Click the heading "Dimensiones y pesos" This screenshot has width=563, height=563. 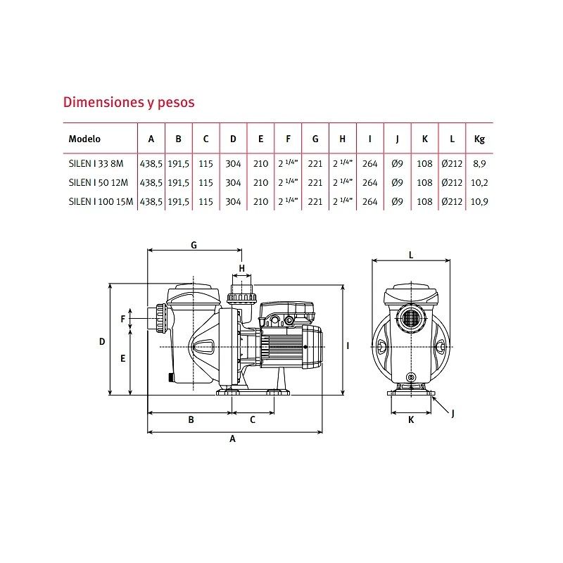point(129,102)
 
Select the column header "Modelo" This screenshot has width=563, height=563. point(84,139)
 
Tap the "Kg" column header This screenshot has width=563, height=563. point(479,139)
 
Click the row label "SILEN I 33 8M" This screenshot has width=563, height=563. point(96,164)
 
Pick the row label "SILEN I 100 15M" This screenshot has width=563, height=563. point(101,202)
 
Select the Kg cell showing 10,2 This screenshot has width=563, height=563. point(479,183)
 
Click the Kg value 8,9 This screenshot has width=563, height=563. point(479,164)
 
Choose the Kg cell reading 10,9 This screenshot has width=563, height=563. point(479,202)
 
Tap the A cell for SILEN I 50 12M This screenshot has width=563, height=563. point(151,183)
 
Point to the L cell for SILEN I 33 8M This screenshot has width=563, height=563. point(452,164)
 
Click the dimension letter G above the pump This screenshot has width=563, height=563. point(194,245)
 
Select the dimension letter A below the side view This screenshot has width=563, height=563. point(233,438)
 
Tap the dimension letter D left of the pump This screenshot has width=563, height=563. point(102,341)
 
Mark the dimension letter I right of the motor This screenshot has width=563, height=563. point(348,346)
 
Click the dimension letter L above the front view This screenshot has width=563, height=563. point(411,255)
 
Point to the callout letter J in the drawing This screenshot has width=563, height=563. point(453,414)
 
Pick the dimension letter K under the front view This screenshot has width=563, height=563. point(411,419)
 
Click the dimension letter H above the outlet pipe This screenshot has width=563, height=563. point(241,268)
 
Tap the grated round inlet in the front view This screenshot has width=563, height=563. point(410,317)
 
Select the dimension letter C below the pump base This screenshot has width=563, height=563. point(253,419)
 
